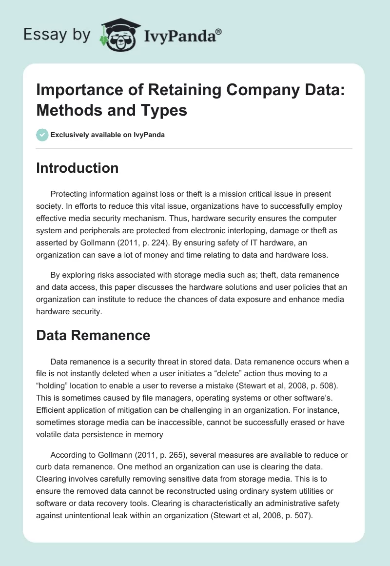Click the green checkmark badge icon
click(42, 135)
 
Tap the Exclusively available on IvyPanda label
click(107, 135)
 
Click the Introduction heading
click(78, 168)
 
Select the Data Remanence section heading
click(93, 335)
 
